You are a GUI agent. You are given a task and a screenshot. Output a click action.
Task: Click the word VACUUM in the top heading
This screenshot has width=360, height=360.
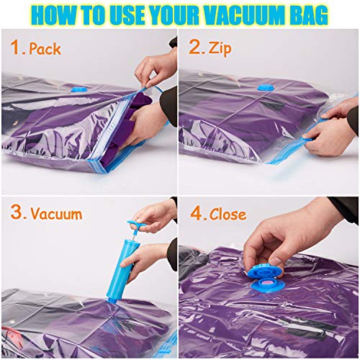coord(237,14)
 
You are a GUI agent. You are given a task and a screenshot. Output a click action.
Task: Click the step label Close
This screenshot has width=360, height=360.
coord(228,215)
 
